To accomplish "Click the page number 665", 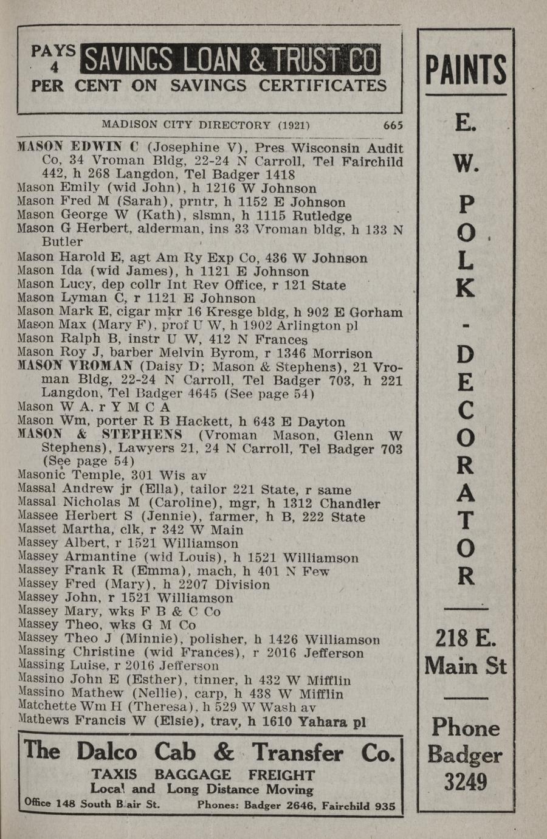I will point(393,125).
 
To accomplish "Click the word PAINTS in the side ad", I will point(466,69).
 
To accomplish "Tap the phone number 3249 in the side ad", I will point(465,782).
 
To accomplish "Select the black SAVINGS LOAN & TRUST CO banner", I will point(232,60).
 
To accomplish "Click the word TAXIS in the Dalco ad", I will point(114,775).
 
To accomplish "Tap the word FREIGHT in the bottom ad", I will point(281,775).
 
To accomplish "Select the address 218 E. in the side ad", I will point(465,639).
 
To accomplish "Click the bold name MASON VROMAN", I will point(76,366).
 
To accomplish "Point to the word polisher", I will point(216,639).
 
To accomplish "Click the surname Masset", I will point(37,530).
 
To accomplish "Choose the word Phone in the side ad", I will point(465,728).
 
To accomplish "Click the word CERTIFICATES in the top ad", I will point(323,86).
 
